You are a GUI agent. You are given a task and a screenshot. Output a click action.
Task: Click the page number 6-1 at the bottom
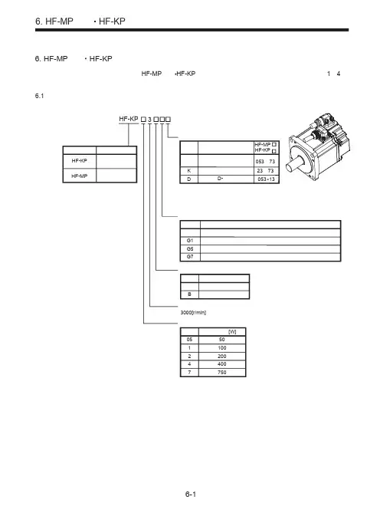(x=190, y=494)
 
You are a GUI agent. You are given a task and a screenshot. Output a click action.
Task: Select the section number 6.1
(x=39, y=96)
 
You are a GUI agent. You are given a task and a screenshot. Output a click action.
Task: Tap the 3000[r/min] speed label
(x=193, y=312)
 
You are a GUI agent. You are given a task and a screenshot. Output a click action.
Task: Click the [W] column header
(x=232, y=331)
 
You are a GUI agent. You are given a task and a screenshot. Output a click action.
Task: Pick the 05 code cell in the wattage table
(x=189, y=340)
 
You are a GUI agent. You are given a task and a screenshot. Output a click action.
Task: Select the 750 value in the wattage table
(x=222, y=372)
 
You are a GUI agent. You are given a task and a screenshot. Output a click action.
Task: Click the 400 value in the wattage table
(x=222, y=364)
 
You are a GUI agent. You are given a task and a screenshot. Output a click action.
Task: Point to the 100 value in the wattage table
(x=222, y=348)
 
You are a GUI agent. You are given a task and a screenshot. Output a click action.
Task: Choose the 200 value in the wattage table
(x=222, y=356)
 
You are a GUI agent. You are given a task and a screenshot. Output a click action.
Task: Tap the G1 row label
(x=190, y=241)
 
